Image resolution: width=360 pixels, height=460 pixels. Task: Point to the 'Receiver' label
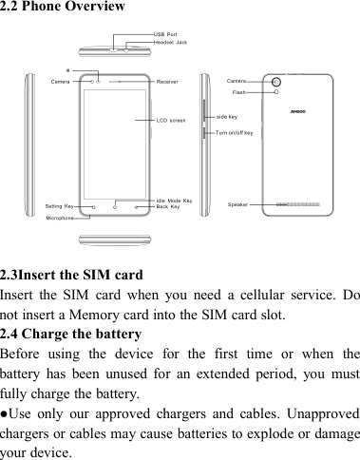(169, 82)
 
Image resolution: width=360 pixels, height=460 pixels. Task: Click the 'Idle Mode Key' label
(174, 201)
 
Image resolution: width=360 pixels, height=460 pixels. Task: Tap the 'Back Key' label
(168, 206)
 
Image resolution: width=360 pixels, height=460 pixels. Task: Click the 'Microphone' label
(61, 218)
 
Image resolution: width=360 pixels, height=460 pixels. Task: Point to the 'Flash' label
(239, 92)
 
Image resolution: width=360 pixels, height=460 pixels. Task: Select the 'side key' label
(227, 115)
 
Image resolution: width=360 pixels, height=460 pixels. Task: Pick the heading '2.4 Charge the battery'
(71, 334)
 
